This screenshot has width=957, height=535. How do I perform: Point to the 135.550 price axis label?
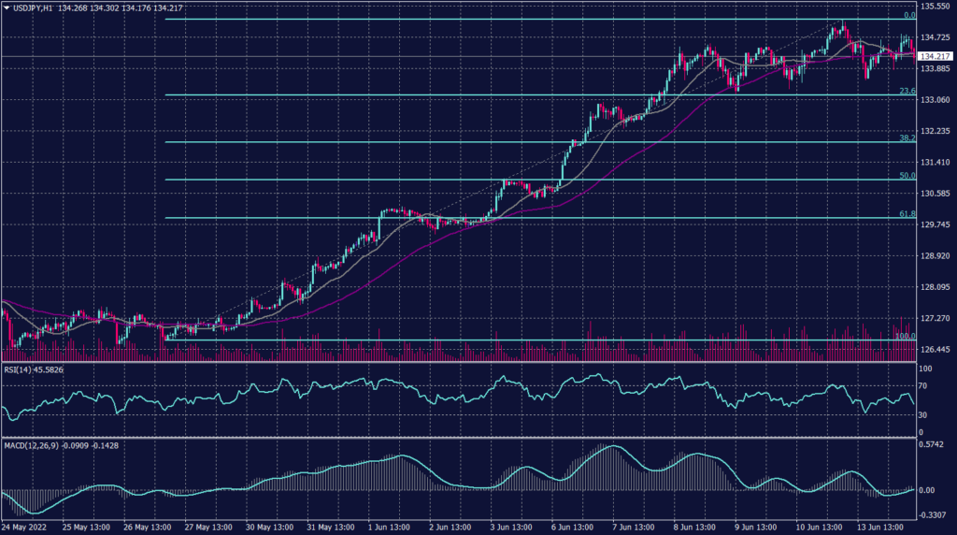point(937,6)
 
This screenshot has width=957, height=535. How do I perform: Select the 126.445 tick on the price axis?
point(937,349)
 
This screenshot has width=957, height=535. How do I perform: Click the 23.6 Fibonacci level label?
point(907,91)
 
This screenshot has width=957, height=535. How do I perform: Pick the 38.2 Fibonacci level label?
point(907,137)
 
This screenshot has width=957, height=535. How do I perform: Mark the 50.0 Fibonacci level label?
point(907,175)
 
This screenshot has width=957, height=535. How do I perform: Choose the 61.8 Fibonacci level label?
point(907,214)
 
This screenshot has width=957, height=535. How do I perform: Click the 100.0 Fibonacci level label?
point(905,336)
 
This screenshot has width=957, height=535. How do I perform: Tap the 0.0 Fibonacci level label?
point(908,16)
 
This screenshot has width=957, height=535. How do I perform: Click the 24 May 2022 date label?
point(25,527)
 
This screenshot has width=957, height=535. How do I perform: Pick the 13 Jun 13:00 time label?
point(879,527)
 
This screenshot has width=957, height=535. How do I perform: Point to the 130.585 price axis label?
point(937,194)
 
